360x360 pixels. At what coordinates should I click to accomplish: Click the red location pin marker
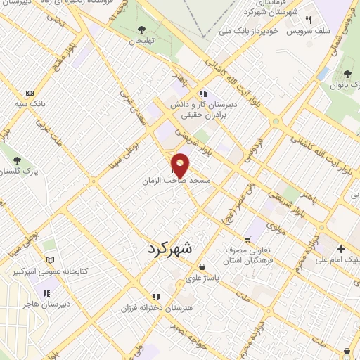[181, 165]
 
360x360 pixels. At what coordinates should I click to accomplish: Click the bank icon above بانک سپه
[29, 93]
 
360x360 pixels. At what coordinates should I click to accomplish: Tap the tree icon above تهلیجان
[142, 30]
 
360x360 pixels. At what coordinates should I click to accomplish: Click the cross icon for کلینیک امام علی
[342, 249]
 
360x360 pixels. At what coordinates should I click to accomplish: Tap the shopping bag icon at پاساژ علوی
[202, 267]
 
